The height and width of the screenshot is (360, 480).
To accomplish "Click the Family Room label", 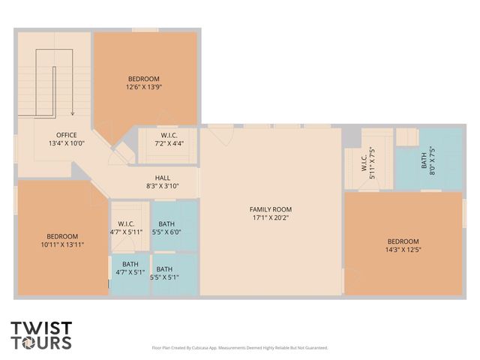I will [x=271, y=209].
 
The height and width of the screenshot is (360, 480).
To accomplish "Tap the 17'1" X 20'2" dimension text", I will [x=271, y=218].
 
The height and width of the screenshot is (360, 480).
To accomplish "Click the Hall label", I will [x=163, y=178].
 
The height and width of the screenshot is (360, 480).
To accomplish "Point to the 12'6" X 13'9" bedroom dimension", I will [x=145, y=87].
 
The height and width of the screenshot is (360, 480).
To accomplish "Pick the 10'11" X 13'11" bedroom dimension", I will [x=60, y=244].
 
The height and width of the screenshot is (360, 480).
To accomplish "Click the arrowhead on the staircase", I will [x=72, y=113].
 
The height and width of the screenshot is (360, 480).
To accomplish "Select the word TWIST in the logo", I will [x=41, y=328].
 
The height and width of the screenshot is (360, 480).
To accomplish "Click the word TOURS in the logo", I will [x=41, y=343].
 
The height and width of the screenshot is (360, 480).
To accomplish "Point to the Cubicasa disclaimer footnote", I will [x=239, y=348].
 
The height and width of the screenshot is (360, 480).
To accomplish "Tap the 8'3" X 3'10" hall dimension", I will [x=163, y=186].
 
